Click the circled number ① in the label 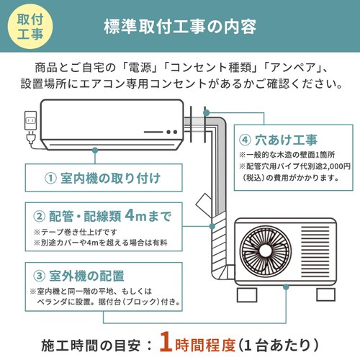[50, 178]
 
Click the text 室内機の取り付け [109, 178]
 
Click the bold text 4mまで [148, 215]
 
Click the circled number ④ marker [246, 139]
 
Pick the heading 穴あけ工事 [289, 139]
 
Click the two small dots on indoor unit [171, 131]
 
